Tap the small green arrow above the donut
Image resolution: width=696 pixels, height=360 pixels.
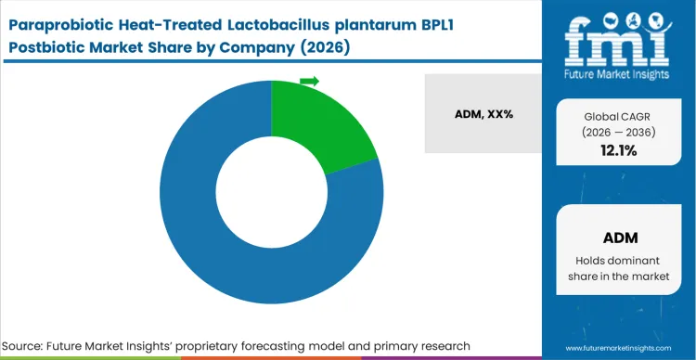point(309,82)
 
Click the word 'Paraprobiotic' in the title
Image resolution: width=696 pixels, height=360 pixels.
point(66,19)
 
